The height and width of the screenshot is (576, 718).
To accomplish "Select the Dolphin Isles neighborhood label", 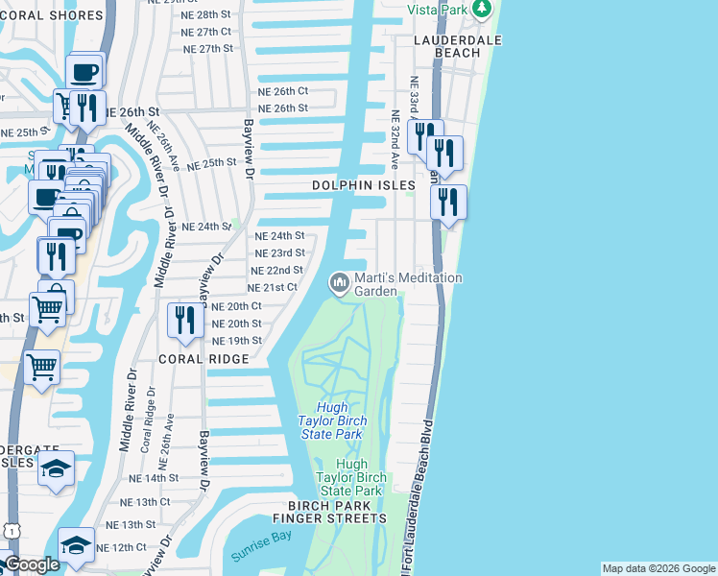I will point(364,185).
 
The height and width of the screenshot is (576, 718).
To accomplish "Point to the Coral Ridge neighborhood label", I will point(203,359).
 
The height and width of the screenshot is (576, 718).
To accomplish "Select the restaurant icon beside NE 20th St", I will point(183,320).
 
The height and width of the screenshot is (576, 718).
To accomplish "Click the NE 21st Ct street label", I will point(273,288).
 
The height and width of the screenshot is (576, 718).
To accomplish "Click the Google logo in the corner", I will point(31,565).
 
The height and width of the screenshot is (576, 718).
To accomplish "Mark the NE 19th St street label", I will point(236,341).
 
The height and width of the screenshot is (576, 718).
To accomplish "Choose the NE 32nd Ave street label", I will point(394,131).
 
